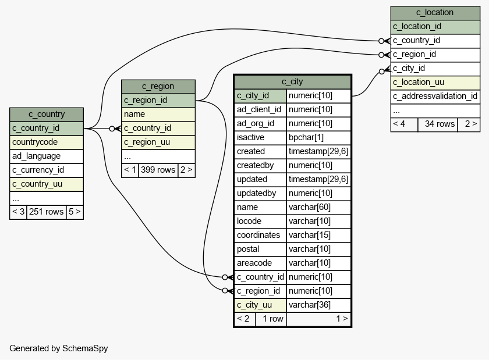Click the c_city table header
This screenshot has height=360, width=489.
[x=292, y=81]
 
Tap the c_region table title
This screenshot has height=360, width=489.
[x=158, y=86]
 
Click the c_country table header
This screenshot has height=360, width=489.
[x=47, y=114]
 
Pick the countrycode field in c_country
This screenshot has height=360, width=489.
[x=47, y=142]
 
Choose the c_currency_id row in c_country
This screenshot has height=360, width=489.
[x=47, y=170]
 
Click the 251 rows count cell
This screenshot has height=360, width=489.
[x=46, y=212]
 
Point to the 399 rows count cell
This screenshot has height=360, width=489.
[x=158, y=170]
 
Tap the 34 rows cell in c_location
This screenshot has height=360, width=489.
[x=437, y=123]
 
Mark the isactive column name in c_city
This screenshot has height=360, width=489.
[x=260, y=137]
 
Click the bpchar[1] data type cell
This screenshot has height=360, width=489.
[x=318, y=137]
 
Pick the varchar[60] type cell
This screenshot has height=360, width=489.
[x=318, y=207]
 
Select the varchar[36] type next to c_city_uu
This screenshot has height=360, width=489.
[x=318, y=305]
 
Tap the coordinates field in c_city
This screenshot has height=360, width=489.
[x=260, y=235]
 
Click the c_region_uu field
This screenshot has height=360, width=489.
[x=158, y=142]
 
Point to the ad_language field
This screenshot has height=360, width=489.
[x=47, y=156]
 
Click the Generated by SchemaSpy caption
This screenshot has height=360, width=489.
[x=58, y=348]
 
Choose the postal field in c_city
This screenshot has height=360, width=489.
[x=260, y=249]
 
